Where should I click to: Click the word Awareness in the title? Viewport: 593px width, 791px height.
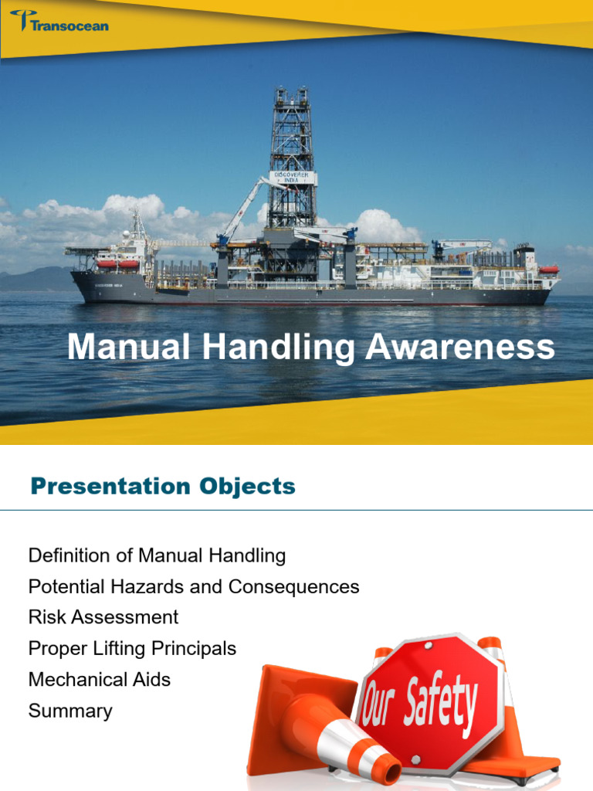click(x=460, y=348)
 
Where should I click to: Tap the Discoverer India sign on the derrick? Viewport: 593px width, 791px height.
click(x=293, y=178)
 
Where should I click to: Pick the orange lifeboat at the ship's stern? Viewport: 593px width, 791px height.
click(x=548, y=269)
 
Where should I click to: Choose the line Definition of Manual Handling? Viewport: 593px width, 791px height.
click(x=157, y=555)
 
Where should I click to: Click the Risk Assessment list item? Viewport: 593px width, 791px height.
click(x=103, y=617)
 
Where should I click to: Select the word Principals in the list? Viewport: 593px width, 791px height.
click(x=197, y=648)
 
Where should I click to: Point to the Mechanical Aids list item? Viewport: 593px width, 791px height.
click(x=99, y=680)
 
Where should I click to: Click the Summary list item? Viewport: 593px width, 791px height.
click(x=70, y=711)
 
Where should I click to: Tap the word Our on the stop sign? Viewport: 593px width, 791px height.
click(x=378, y=704)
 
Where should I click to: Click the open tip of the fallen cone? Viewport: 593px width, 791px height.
click(x=384, y=769)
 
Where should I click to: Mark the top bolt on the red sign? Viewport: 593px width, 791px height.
click(x=437, y=643)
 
